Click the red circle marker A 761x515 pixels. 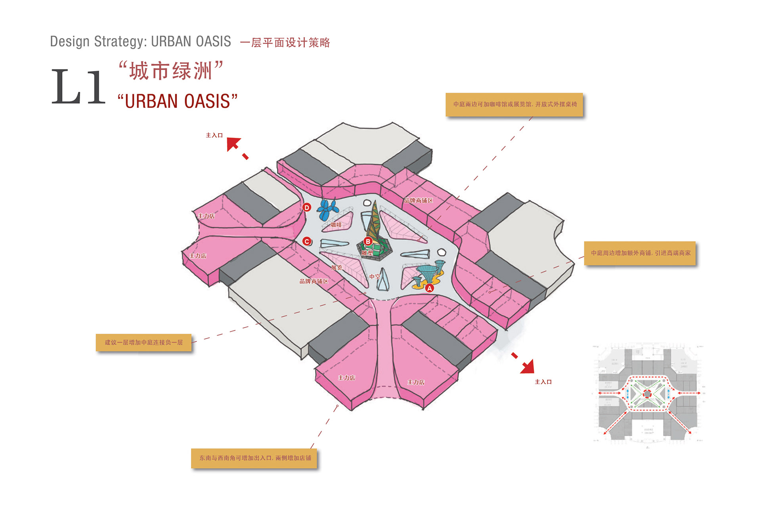point(429,288)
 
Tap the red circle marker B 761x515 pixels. point(368,241)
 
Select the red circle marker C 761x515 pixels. point(307,241)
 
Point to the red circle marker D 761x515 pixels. point(307,207)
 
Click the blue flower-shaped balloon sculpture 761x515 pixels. point(327,210)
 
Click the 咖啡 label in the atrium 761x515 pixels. point(336,225)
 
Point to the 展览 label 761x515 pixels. point(337,268)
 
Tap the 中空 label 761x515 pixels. point(375,276)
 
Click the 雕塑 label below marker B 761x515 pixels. point(367,253)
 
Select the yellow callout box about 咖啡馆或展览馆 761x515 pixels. point(514,105)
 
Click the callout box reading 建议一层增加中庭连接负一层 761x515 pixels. point(143,343)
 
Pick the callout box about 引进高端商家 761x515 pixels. point(640,253)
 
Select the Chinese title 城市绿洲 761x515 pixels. point(170,71)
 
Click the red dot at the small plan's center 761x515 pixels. point(647,394)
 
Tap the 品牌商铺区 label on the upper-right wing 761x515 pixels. point(418,201)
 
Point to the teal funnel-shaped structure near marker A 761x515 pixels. point(427,273)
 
